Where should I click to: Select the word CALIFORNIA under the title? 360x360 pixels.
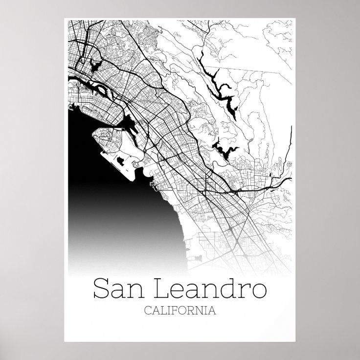180,310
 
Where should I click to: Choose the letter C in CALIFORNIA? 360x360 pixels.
148,310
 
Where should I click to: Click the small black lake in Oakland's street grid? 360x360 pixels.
94,64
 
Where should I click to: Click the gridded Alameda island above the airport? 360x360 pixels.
98,105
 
